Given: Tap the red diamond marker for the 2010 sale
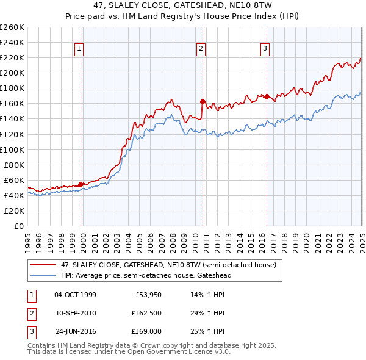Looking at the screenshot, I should click(x=202, y=101).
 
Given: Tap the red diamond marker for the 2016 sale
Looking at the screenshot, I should click(x=267, y=96).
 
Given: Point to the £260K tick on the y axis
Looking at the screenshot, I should click(x=12, y=27).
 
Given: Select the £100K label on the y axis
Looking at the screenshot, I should click(x=12, y=149).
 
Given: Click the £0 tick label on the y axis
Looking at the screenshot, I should click(x=20, y=226).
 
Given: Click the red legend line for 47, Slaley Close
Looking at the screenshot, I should click(x=43, y=265).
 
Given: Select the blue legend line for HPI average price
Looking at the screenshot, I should click(x=43, y=275).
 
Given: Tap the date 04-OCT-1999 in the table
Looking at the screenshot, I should click(x=75, y=295).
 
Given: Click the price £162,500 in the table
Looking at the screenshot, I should click(x=146, y=313).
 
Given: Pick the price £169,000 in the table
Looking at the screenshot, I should click(x=146, y=331).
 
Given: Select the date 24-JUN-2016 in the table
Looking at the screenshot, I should click(x=75, y=331).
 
